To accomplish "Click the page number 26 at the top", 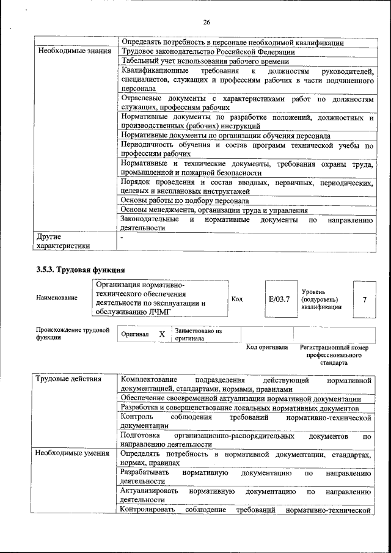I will tap(206, 23).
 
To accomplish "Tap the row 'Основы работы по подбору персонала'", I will tap(185, 200).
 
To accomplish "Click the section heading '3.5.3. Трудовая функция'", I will tap(81, 269).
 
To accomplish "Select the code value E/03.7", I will tap(279, 299).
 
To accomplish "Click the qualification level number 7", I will tap(365, 299).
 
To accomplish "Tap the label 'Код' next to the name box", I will tap(237, 299).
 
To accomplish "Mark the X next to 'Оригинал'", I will tap(162, 334).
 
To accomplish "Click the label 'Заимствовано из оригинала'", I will tap(198, 334).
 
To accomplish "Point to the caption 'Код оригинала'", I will tap(266, 347).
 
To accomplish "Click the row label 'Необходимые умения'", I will tap(72, 453).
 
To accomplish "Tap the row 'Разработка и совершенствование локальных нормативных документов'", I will tap(239, 408).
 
